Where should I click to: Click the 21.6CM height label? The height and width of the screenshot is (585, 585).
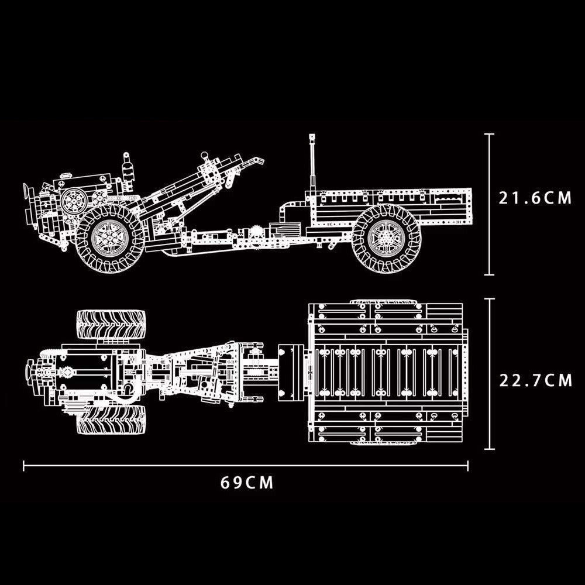point(535,198)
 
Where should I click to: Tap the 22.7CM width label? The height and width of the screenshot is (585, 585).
point(535,381)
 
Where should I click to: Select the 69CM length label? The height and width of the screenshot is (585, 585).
point(247,483)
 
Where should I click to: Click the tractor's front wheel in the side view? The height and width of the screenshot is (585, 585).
point(110,238)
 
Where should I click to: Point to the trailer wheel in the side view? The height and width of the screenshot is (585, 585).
point(387,239)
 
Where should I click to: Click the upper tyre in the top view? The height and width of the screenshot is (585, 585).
point(111,324)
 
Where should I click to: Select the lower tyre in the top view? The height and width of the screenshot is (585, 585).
point(111,420)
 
